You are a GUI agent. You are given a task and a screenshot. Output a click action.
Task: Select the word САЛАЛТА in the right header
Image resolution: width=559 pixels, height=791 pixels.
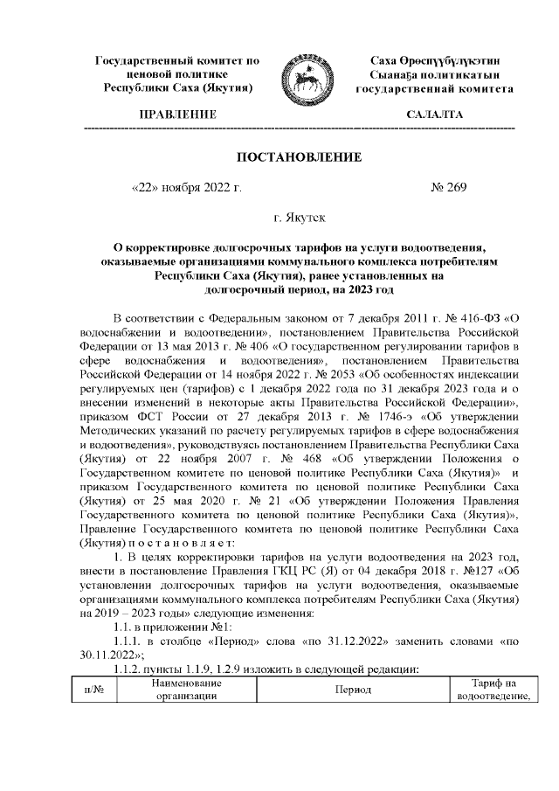pos(434,115)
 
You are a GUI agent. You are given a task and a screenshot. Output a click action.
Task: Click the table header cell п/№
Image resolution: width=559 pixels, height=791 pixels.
pos(94,690)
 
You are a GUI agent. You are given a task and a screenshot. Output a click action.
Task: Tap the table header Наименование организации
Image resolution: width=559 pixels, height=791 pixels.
pos(182,690)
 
